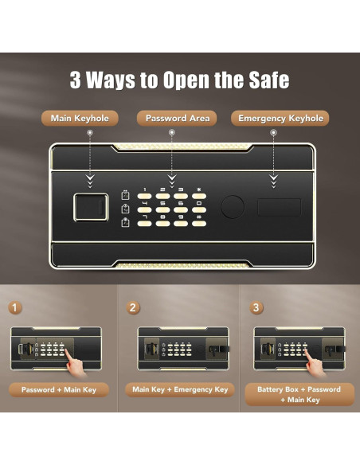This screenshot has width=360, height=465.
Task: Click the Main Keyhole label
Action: [80, 119]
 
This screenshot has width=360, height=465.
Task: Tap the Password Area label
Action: [177, 119]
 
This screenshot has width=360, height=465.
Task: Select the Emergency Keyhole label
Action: [280, 119]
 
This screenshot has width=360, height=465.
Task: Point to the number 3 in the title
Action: [76, 80]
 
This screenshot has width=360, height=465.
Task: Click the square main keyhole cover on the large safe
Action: [91, 207]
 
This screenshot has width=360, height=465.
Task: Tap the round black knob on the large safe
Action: [233, 207]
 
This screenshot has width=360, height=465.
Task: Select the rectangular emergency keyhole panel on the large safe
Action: [279, 207]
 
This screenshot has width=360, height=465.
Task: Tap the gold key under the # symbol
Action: [199, 223]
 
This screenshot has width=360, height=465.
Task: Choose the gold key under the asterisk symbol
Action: [199, 196]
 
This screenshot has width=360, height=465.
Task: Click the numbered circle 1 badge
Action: [14, 307]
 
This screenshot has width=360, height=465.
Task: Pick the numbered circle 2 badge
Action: [132, 307]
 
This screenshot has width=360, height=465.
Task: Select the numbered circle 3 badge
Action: [256, 307]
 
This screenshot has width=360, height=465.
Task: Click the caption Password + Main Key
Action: [59, 389]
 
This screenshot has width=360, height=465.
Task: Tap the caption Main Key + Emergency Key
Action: [180, 389]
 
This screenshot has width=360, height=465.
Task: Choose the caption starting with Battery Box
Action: [299, 394]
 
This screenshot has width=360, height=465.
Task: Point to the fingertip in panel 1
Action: [66, 351]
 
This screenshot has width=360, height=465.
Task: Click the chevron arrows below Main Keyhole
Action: [90, 182]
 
